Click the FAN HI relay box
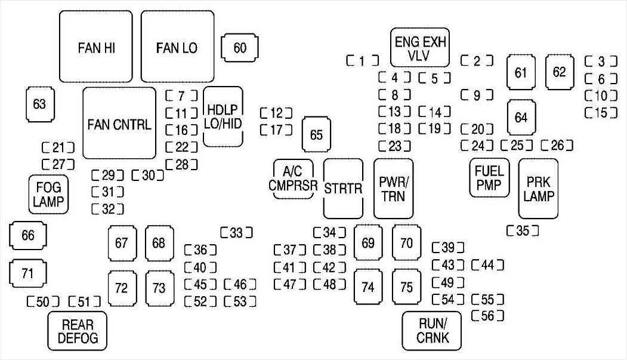click(x=97, y=48)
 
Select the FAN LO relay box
click(x=177, y=48)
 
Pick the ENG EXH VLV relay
click(x=419, y=48)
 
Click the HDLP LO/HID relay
click(x=223, y=116)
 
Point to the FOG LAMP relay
click(x=49, y=195)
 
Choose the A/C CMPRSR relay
click(x=293, y=179)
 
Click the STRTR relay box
click(x=343, y=189)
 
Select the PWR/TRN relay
click(x=393, y=189)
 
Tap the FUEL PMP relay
click(x=490, y=178)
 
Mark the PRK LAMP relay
click(x=538, y=189)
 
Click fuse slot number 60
click(x=240, y=48)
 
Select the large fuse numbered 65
click(x=316, y=135)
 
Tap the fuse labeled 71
click(x=27, y=274)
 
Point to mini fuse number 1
click(x=363, y=60)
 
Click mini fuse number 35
click(x=523, y=230)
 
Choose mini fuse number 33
click(x=236, y=232)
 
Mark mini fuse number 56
click(x=487, y=316)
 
